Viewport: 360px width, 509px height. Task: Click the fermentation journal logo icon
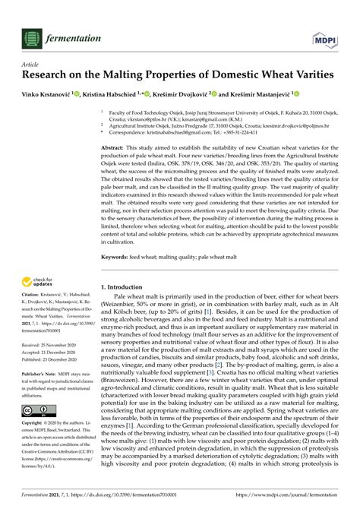click(31, 38)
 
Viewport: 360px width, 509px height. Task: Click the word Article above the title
click(31, 66)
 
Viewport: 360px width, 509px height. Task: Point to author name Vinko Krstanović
click(46, 94)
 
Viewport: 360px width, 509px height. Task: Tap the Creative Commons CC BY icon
click(34, 410)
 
